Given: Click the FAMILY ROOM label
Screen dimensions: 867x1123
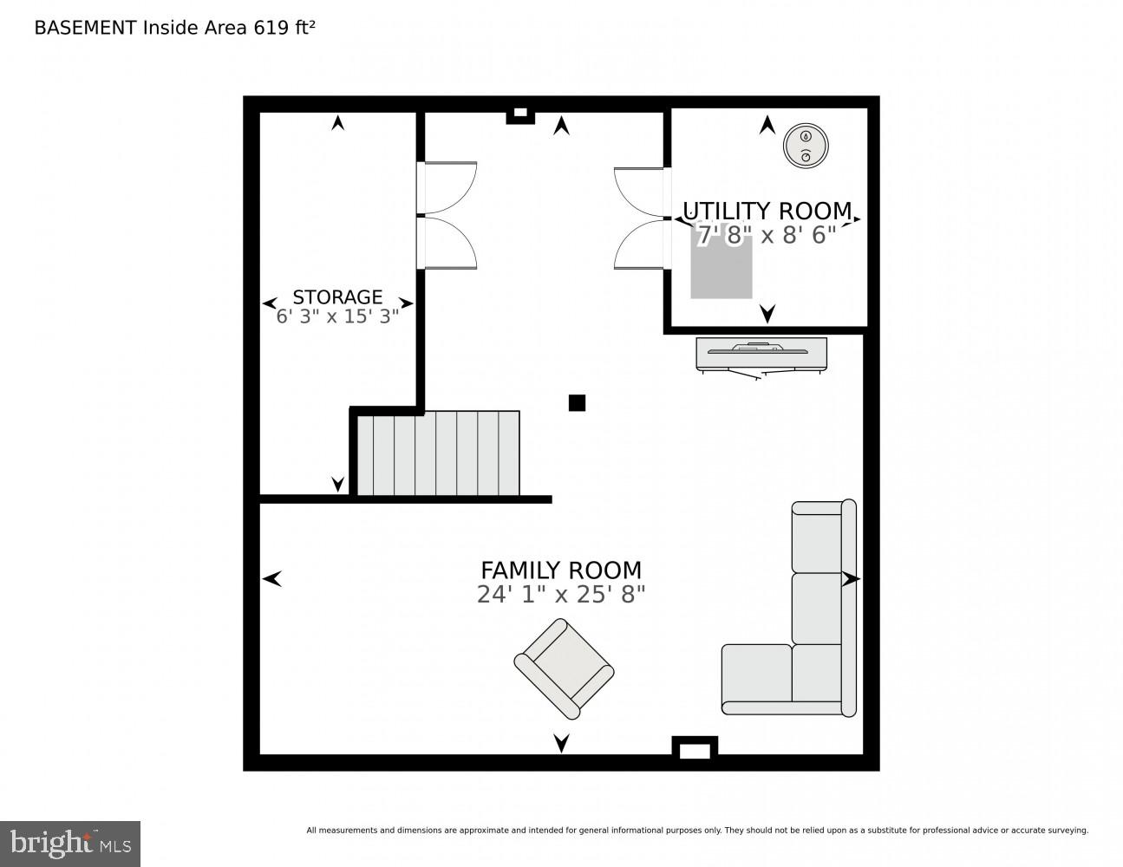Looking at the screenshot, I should (561, 570).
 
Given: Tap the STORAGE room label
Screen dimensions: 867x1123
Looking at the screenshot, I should (337, 297).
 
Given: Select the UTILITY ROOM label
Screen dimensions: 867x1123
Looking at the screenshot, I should (767, 211).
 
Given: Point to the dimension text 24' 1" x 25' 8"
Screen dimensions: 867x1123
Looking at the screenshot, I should (561, 595).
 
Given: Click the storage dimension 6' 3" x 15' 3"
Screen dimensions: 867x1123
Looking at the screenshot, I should (337, 316).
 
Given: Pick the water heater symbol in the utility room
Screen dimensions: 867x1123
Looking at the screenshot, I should (805, 146).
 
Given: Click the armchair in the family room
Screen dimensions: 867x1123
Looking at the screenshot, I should (564, 668).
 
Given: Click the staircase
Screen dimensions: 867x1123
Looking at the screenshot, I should (438, 453).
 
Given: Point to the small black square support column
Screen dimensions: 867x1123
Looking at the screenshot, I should (577, 402).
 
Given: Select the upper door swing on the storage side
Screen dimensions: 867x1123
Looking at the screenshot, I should (448, 187).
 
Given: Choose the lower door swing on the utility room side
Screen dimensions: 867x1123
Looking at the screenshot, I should (640, 244).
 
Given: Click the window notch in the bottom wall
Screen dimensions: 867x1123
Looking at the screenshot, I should (695, 751).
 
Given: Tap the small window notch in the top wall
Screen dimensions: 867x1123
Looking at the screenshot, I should (519, 114).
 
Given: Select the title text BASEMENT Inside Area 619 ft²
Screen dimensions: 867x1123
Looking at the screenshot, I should (174, 27).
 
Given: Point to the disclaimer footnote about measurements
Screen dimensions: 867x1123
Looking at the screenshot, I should (696, 831).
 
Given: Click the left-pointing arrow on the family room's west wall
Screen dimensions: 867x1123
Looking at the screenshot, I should (272, 577).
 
